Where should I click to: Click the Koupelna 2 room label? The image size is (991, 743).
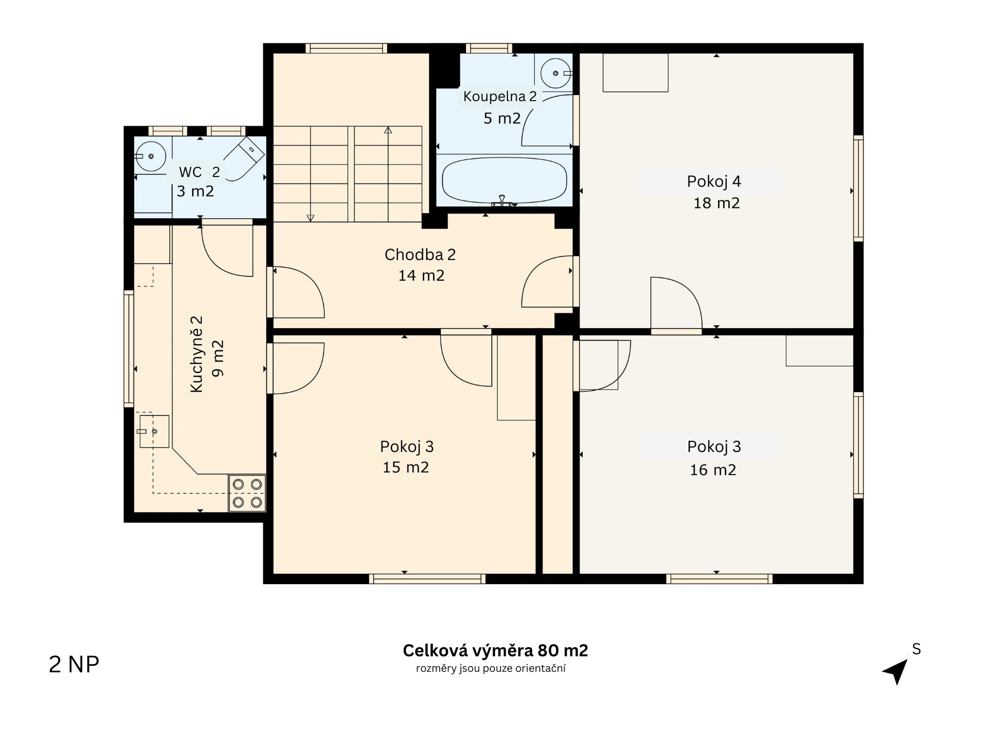pyautogui.click(x=500, y=96)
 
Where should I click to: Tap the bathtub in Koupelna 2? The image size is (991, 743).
pyautogui.click(x=504, y=181)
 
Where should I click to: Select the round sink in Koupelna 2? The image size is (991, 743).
pyautogui.click(x=555, y=73)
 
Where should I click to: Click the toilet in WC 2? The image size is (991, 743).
pyautogui.click(x=245, y=158)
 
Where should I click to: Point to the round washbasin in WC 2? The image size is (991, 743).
pyautogui.click(x=150, y=156)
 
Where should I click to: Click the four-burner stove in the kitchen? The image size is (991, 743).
pyautogui.click(x=247, y=493)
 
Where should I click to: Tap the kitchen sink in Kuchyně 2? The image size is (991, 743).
pyautogui.click(x=154, y=431)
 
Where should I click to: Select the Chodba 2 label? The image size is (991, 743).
pyautogui.click(x=420, y=254)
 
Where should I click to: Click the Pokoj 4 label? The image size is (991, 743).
pyautogui.click(x=714, y=182)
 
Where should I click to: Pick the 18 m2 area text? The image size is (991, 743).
pyautogui.click(x=716, y=203)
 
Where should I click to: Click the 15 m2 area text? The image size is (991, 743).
pyautogui.click(x=406, y=467)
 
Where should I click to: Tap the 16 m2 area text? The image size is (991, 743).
pyautogui.click(x=713, y=470)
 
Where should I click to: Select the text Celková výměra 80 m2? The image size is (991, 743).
pyautogui.click(x=495, y=651)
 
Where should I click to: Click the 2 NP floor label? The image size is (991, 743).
pyautogui.click(x=74, y=665)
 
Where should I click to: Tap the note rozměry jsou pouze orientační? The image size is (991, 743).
pyautogui.click(x=491, y=669)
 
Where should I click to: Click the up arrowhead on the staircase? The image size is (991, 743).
pyautogui.click(x=388, y=130)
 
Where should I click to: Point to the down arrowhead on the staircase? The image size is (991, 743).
pyautogui.click(x=310, y=218)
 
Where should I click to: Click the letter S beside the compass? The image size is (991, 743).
pyautogui.click(x=917, y=649)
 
